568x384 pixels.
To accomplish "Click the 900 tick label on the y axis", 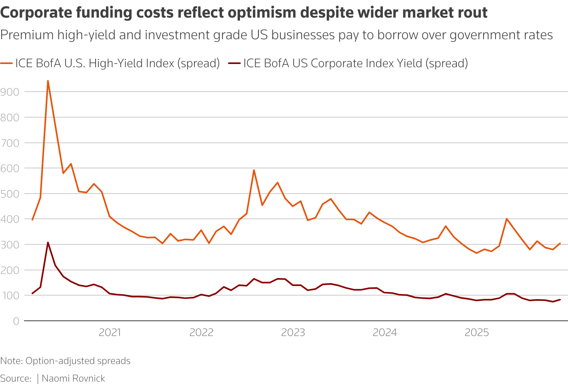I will pos(10,92).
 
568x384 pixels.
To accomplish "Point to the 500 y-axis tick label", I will pos(10,194).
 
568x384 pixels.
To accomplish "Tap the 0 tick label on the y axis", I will pos(16,321).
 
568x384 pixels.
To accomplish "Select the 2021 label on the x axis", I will pos(110,332).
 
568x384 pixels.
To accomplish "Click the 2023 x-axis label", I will pos(293,332).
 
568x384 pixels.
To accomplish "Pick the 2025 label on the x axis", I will pos(477,332).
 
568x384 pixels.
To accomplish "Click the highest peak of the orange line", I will pos(48,81).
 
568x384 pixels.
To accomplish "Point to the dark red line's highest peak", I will pos(48,242).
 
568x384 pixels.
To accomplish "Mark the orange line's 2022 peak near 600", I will pos(254,170).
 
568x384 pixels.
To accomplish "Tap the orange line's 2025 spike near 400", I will pos(507,219).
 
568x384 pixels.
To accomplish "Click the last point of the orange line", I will pos(560,243).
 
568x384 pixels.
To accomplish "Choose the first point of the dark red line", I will pos(32,294).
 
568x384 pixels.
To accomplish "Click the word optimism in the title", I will pos(262,13).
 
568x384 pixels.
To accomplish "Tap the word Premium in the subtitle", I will pos(27,35).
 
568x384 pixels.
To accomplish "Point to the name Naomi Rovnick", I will pos(73,378).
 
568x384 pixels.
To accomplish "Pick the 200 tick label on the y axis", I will pos(10,270).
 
